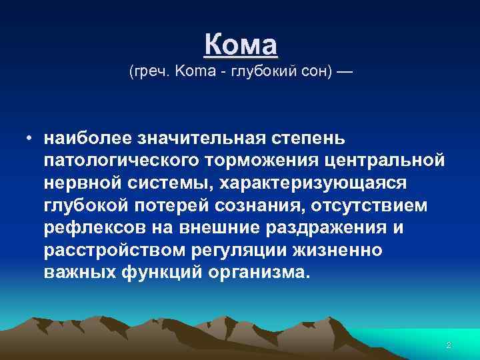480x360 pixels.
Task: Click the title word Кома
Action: [x=240, y=45]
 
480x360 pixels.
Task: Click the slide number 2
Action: [x=449, y=345]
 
